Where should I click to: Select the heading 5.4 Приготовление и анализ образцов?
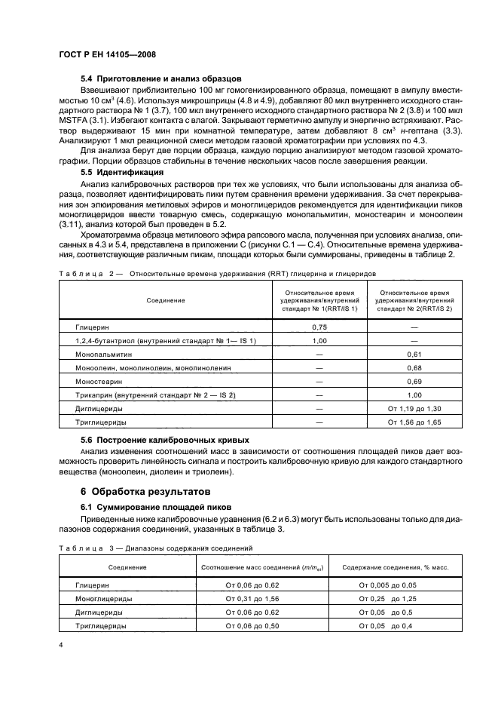[x=160, y=78]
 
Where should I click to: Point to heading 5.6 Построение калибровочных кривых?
[x=166, y=440]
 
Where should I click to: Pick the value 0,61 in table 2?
[x=414, y=354]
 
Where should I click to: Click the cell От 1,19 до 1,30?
[x=414, y=408]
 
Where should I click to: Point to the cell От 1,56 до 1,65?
[x=414, y=422]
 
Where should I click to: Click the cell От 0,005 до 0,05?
[x=387, y=584]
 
